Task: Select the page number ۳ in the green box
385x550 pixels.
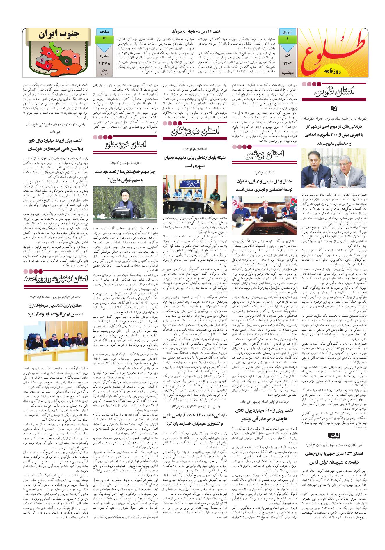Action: point(104,39)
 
